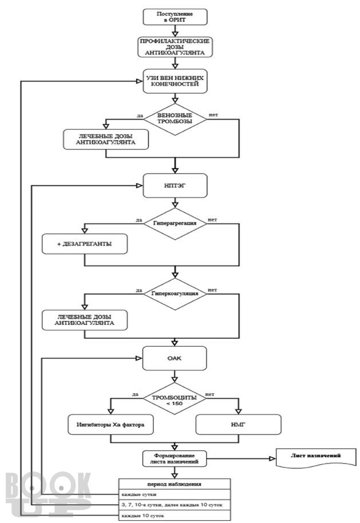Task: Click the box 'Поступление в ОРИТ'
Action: (175, 17)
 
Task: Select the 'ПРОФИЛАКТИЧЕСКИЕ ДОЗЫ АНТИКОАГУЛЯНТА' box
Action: (175, 47)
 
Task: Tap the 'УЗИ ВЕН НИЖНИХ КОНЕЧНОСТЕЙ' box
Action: (175, 81)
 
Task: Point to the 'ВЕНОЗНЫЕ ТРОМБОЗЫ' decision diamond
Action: (175, 119)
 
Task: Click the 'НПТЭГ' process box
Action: (175, 185)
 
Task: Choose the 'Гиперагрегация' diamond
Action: (175, 224)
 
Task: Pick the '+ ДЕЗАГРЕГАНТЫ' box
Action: (84, 244)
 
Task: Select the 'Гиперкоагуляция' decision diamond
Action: (175, 294)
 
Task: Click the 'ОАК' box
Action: (175, 358)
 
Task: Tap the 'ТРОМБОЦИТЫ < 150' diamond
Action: (175, 398)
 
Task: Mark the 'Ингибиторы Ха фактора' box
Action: (110, 425)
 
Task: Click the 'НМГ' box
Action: (238, 425)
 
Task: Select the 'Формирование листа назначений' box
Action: (175, 458)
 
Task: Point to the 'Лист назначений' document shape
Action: (315, 457)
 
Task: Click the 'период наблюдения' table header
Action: (175, 484)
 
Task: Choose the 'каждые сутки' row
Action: (175, 494)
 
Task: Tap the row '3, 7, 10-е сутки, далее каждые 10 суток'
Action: (175, 505)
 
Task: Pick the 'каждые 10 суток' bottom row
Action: (175, 516)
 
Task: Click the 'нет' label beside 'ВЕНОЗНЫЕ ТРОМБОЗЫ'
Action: (213, 115)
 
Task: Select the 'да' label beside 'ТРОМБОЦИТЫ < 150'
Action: (135, 394)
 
